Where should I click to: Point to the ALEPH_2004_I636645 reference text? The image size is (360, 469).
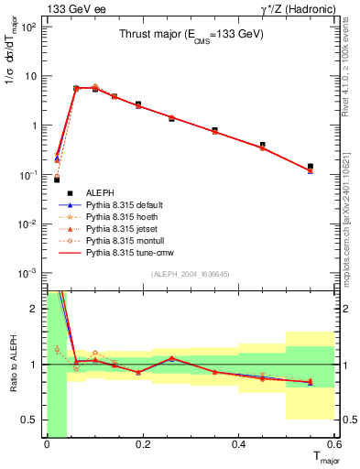pyautogui.click(x=191, y=274)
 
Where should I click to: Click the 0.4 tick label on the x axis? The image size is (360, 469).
pyautogui.click(x=239, y=444)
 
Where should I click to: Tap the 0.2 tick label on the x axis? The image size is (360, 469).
pyautogui.click(x=142, y=444)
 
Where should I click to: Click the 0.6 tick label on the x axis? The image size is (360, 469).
pyautogui.click(x=334, y=444)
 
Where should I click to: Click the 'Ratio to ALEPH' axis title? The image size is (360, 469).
pyautogui.click(x=13, y=364)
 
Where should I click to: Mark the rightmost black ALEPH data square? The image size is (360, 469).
pyautogui.click(x=311, y=167)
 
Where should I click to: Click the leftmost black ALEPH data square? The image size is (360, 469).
pyautogui.click(x=57, y=180)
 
